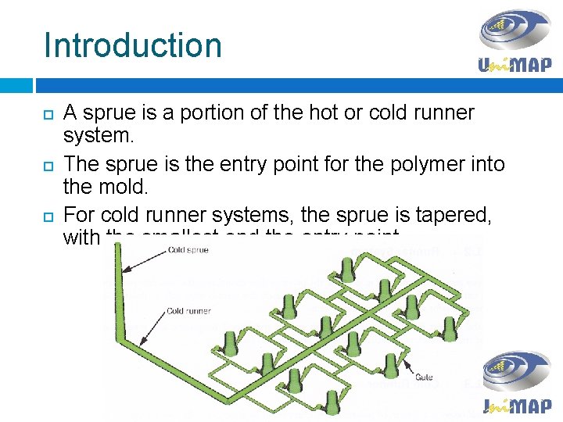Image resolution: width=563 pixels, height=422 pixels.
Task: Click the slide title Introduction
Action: click(x=133, y=45)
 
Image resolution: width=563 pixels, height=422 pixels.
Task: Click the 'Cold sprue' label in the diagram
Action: click(x=188, y=251)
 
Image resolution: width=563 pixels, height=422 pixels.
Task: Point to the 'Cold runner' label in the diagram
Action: click(x=188, y=310)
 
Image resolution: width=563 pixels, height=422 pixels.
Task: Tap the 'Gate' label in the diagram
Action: click(x=424, y=377)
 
